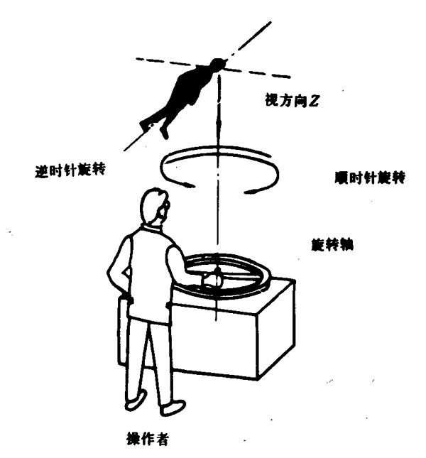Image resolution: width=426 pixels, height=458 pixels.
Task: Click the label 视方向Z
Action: (x=291, y=101)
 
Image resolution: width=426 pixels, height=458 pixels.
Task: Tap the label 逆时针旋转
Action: (x=70, y=170)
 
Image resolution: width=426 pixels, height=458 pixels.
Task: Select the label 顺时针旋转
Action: (x=370, y=178)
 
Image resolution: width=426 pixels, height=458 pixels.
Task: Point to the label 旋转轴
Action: (x=332, y=245)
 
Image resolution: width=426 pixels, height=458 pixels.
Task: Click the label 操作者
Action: (x=148, y=438)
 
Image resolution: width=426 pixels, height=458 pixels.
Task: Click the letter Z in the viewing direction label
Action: (x=314, y=101)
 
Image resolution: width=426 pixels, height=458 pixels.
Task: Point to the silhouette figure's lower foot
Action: (x=164, y=133)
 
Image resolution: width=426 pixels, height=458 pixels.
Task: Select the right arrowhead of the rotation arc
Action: (x=251, y=192)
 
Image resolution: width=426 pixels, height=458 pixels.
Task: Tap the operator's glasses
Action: (x=164, y=207)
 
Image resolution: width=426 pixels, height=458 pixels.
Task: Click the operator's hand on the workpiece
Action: (x=212, y=280)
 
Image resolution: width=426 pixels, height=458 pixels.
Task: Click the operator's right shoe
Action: (x=173, y=408)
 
